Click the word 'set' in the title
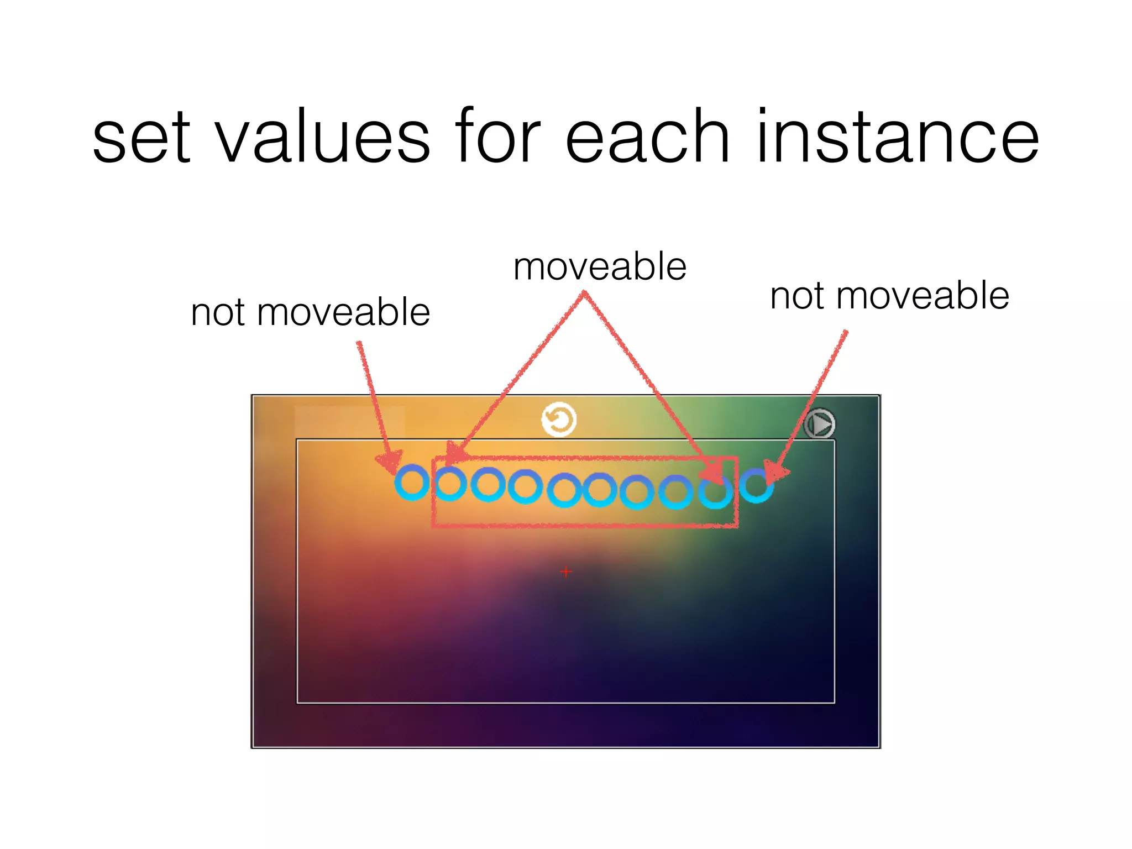[141, 138]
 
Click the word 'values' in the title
[322, 138]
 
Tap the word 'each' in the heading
[647, 138]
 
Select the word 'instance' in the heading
[898, 138]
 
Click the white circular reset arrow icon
[559, 420]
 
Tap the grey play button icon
[819, 424]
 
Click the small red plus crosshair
[565, 572]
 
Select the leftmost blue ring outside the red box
[412, 483]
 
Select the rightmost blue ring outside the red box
[756, 485]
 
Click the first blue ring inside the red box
[449, 484]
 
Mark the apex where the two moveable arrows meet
[584, 294]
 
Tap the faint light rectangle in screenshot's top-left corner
[349, 421]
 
